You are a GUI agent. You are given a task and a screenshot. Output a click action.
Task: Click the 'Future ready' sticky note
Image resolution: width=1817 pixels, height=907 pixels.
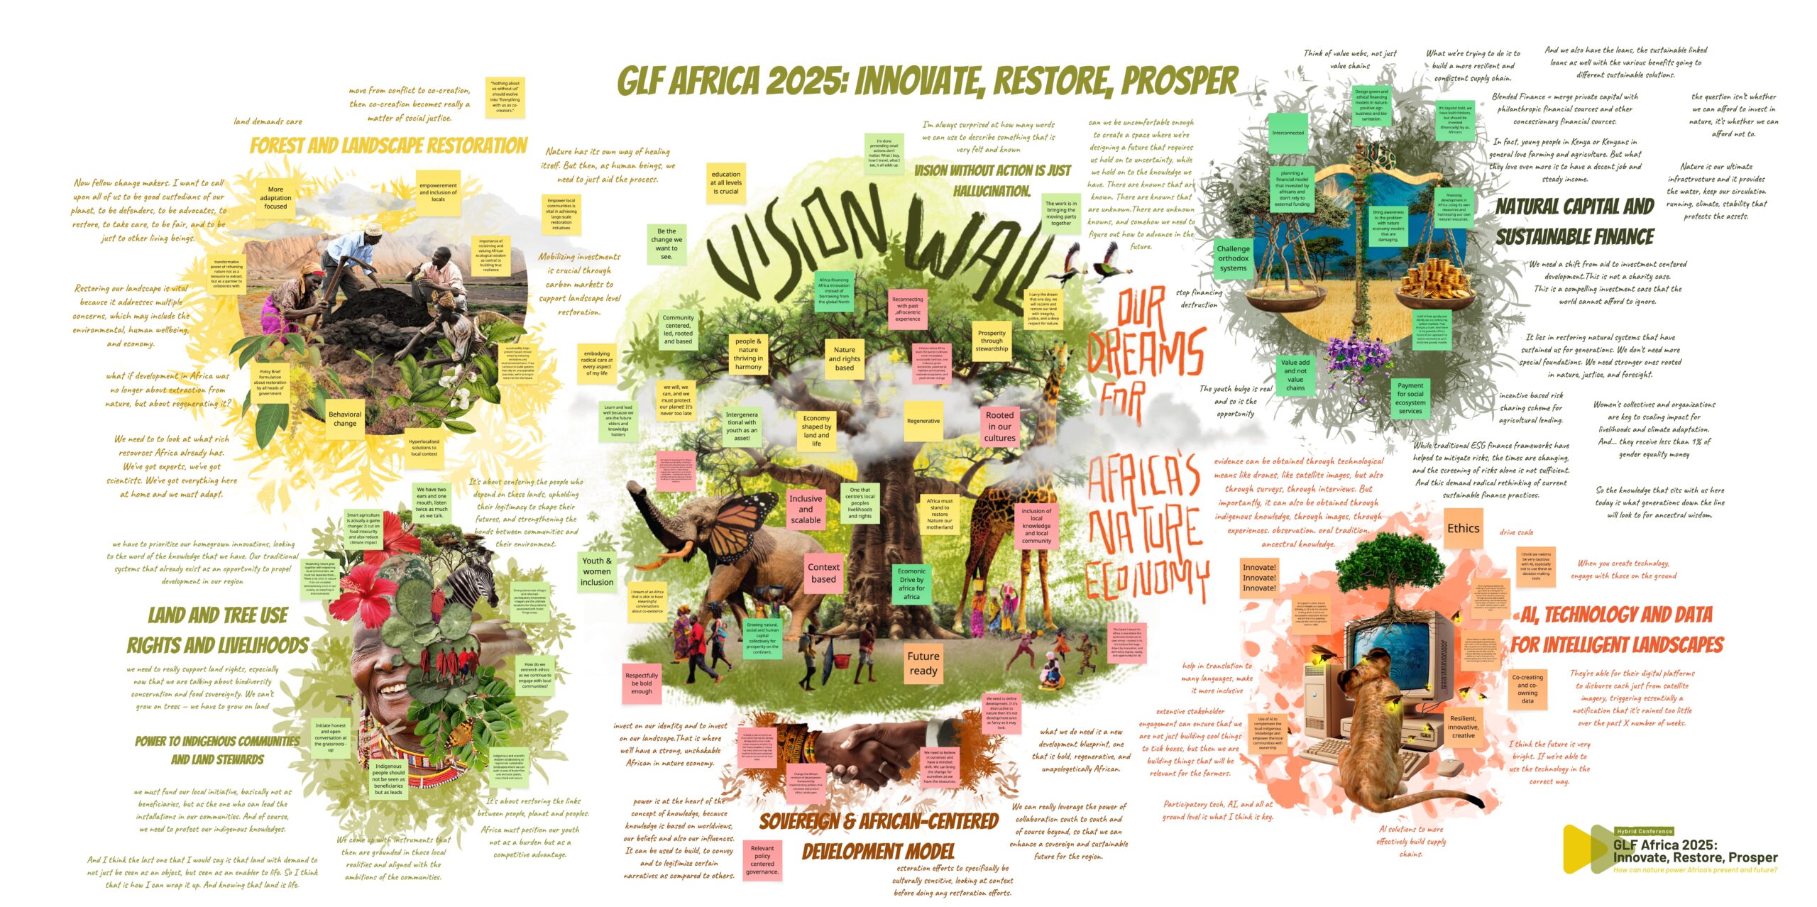click(x=923, y=664)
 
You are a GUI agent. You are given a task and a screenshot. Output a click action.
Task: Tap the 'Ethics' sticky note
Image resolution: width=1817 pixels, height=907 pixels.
click(x=1463, y=529)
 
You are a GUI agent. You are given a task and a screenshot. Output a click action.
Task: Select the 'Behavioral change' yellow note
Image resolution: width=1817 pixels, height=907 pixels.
click(x=345, y=419)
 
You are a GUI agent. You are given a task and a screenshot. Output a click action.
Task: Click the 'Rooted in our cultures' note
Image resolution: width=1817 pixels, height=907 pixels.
click(x=999, y=427)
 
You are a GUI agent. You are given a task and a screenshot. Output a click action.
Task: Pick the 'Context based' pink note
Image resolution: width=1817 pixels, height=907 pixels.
click(x=823, y=573)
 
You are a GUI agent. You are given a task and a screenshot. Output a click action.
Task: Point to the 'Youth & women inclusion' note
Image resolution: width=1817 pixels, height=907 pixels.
click(x=597, y=571)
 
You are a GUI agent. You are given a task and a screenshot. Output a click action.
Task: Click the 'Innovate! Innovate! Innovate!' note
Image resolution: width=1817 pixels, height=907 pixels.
click(x=1259, y=578)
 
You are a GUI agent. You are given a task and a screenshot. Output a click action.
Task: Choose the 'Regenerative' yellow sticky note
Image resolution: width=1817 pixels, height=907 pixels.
click(x=923, y=421)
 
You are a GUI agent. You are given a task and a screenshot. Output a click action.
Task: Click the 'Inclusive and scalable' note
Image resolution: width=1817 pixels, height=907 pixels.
click(x=806, y=509)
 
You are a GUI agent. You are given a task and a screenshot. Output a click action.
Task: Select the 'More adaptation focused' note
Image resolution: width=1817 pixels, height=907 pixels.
click(x=275, y=198)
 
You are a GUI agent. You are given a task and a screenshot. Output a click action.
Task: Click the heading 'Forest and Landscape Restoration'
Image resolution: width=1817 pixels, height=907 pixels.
click(x=388, y=146)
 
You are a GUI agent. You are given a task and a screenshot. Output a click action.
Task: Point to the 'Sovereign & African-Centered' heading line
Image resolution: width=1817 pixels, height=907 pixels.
click(x=879, y=822)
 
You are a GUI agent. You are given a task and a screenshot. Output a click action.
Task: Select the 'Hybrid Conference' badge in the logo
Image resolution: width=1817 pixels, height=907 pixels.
click(x=1645, y=831)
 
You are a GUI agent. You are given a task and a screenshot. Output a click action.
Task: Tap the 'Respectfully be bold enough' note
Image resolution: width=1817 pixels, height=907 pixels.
click(x=642, y=683)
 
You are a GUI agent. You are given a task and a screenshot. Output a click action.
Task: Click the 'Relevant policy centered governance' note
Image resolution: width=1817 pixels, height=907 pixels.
click(x=762, y=860)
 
